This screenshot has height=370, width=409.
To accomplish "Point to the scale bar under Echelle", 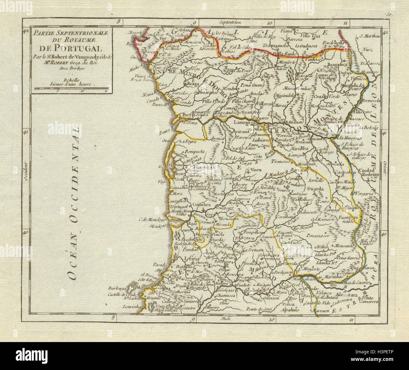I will click(71, 91).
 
